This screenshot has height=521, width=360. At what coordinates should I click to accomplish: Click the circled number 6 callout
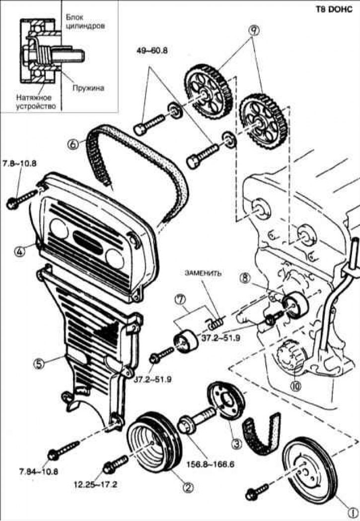(x=73, y=144)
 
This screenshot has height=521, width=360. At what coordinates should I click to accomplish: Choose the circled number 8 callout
(x=244, y=279)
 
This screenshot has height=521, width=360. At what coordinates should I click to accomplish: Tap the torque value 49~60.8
(x=153, y=51)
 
